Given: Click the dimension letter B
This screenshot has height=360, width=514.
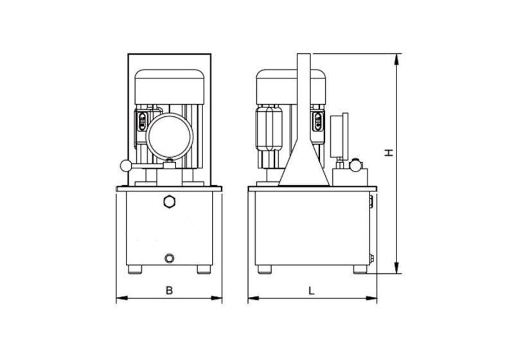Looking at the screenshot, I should [169, 291].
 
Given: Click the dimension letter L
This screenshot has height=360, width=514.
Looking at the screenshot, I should [311, 291].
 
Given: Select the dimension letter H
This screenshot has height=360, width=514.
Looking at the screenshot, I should [388, 153].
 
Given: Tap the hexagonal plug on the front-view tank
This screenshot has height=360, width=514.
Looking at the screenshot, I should [170, 202].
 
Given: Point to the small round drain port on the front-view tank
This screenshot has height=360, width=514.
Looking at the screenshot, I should [169, 258].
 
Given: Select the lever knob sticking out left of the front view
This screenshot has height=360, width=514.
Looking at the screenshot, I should [124, 166].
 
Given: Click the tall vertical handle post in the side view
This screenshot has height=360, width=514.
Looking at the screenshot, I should [304, 96].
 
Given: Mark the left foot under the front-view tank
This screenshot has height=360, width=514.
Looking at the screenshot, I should [136, 269].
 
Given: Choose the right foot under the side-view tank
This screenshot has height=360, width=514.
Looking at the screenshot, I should [359, 269].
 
